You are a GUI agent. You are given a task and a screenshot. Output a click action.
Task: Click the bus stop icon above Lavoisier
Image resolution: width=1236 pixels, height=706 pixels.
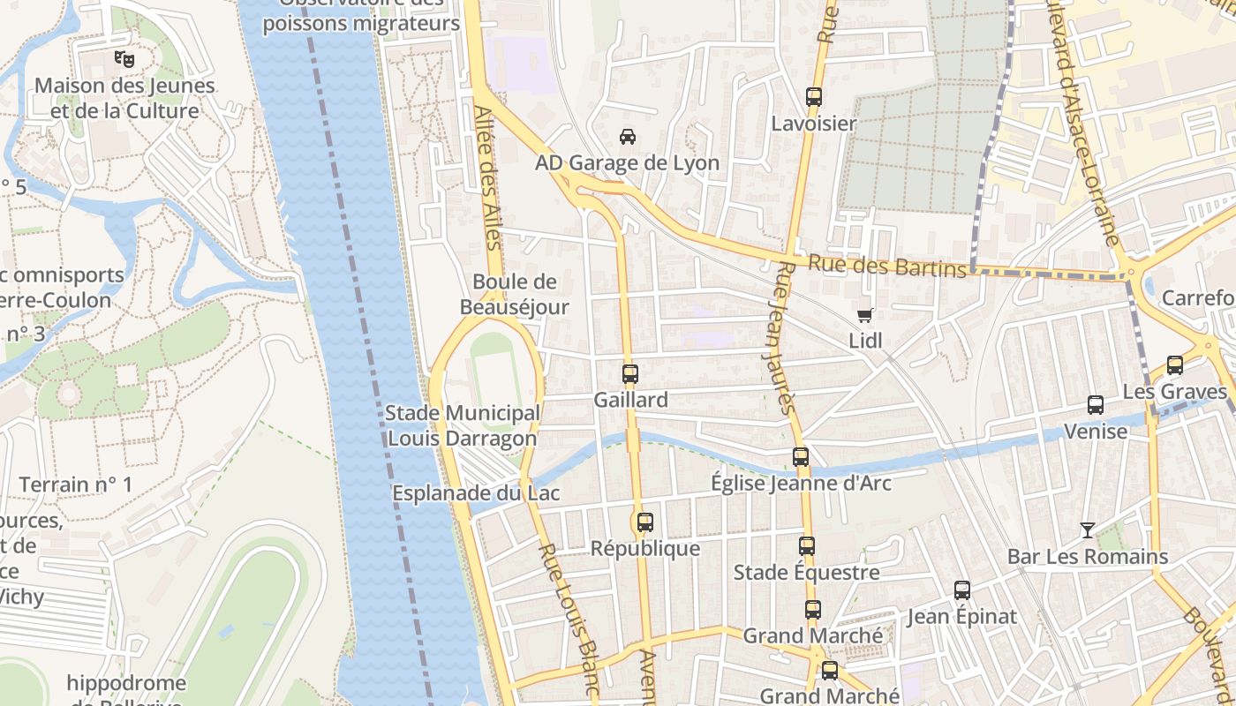click(x=813, y=97)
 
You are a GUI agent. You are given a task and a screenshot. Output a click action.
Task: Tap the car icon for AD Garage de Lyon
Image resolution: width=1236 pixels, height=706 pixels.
click(x=627, y=137)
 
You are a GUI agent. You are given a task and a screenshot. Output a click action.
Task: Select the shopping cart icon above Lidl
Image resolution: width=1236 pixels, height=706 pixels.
click(x=865, y=315)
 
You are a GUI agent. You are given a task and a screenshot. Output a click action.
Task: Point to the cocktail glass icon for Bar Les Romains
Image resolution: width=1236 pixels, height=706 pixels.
click(x=1088, y=530)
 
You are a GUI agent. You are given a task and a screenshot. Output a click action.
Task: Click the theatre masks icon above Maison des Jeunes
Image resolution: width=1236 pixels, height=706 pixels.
click(x=124, y=60)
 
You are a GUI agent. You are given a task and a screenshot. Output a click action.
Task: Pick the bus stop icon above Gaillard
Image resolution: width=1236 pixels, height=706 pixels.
click(x=629, y=373)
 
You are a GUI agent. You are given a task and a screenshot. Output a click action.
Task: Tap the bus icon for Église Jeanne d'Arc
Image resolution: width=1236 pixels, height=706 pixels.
click(x=801, y=457)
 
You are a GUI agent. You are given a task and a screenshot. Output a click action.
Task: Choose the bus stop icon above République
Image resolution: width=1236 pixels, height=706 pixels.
click(x=644, y=522)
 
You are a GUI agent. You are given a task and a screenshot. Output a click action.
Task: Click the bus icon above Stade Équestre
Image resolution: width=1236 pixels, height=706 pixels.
click(x=806, y=546)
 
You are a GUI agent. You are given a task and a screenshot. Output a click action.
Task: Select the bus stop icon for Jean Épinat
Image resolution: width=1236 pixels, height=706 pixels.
click(x=962, y=590)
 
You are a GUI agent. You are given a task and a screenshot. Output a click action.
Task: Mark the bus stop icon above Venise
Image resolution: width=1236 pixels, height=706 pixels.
click(x=1095, y=405)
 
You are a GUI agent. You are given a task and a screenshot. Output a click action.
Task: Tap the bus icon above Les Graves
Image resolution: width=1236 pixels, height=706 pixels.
click(x=1174, y=365)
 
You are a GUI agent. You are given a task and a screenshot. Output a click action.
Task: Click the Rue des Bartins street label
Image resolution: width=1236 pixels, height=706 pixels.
click(x=887, y=266)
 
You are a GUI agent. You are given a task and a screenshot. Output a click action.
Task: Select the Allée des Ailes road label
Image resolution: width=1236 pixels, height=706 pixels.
click(x=487, y=190)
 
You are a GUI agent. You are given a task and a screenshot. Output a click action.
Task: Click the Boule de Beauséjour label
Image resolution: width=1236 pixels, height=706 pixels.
click(x=515, y=294)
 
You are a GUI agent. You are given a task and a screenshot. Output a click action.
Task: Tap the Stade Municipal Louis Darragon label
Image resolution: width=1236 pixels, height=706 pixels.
click(x=463, y=425)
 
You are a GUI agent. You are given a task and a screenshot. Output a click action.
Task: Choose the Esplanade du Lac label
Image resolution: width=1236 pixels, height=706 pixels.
click(x=476, y=493)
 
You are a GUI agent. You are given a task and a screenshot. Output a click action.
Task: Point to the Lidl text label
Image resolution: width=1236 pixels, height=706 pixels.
click(x=865, y=341)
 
